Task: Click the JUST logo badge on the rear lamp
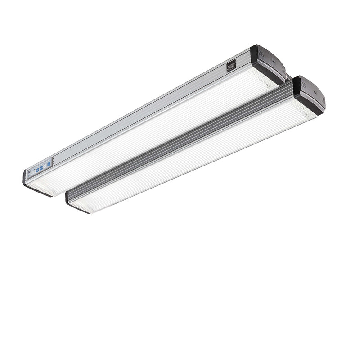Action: tap(230, 67)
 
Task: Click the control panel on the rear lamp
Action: tap(40, 169)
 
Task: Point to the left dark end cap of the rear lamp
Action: tap(25, 180)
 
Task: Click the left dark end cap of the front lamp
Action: tap(69, 200)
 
